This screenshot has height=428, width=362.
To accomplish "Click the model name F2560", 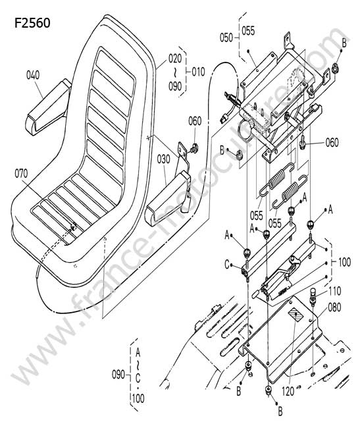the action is click(32, 23).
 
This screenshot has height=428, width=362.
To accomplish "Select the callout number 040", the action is click(33, 75).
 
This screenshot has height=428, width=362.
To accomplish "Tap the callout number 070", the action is click(21, 173).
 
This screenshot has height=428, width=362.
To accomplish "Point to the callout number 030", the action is click(163, 159).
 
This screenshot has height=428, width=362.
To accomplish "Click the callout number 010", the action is click(198, 72).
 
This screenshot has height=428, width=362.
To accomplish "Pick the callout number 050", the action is click(226, 38).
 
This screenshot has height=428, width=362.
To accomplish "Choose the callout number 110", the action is click(334, 291).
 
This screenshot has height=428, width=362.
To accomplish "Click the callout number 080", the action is click(334, 308).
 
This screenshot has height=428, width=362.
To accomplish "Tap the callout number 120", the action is click(288, 392).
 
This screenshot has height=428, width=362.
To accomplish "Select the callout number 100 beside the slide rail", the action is click(344, 262).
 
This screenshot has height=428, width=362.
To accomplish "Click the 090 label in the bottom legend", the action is click(118, 375).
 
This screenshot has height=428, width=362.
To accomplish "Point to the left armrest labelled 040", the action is click(48, 107).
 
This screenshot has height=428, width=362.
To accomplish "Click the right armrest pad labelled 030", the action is click(168, 199).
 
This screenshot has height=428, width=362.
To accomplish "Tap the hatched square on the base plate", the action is click(296, 316).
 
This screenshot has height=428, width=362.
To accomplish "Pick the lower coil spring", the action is click(290, 192).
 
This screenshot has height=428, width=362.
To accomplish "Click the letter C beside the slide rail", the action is click(227, 265).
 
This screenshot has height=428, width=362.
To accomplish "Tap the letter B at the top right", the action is click(344, 43).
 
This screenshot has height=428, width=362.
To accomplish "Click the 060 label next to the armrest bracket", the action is click(195, 121).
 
